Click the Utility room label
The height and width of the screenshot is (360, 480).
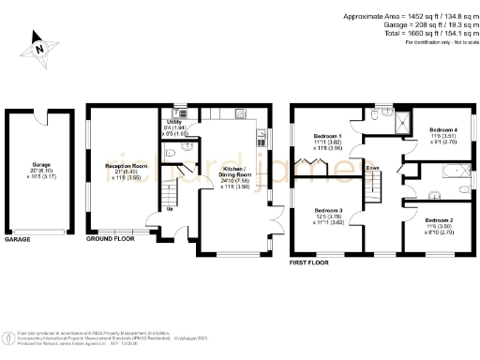tap(174, 123)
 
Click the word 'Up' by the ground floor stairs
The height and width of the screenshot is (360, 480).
tap(169, 208)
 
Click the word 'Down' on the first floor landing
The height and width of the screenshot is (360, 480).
tap(373, 169)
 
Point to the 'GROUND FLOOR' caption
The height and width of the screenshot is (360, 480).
tap(111, 240)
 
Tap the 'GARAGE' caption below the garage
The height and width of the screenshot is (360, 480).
tap(18, 240)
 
